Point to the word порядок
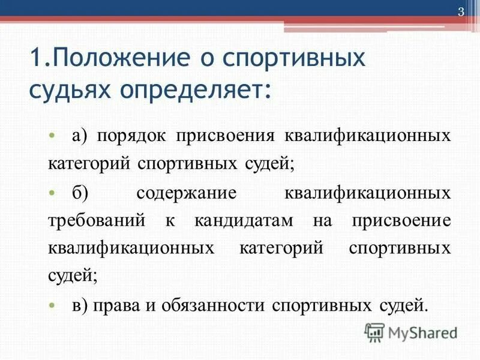pyautogui.click(x=131, y=136)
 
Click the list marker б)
pyautogui.click(x=80, y=194)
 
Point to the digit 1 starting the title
pyautogui.click(x=35, y=61)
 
